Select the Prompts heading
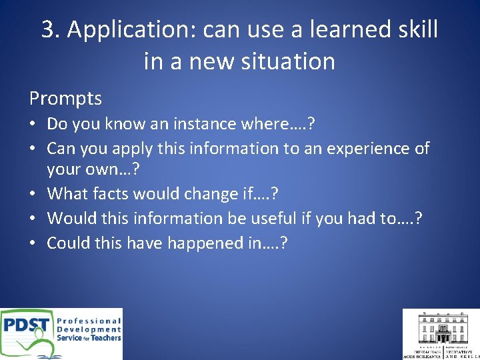click(65, 99)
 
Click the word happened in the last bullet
click(203, 243)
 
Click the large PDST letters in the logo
click(26, 326)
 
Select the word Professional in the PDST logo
click(89, 321)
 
